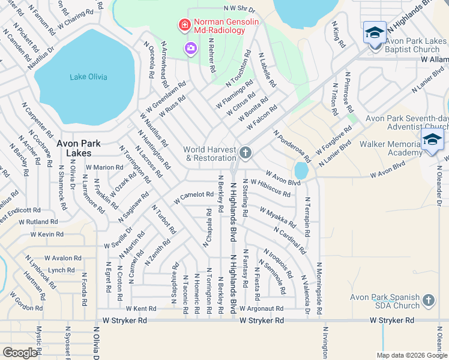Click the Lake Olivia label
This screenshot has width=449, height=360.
coord(88,77)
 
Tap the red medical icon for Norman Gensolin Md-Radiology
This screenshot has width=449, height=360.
coord(184,25)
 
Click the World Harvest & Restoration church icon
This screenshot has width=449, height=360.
coord(245,153)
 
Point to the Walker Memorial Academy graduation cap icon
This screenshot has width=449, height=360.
coord(432,140)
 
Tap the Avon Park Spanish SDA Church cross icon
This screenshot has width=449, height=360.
coord(428,300)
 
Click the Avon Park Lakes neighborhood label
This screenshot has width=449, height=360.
coord(78,148)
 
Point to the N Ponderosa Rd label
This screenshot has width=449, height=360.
coord(292,146)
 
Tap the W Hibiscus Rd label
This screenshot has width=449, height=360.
coord(271,188)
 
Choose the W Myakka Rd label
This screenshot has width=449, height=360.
coord(277,217)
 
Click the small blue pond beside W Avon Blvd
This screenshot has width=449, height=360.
coord(301,171)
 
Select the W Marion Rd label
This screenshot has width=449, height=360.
coord(104,167)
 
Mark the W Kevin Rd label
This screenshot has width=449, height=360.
coord(50,235)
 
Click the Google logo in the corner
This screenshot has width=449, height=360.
coord(20,352)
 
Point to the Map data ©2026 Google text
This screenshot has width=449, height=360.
coord(411,355)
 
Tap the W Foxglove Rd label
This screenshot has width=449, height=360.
coord(334,139)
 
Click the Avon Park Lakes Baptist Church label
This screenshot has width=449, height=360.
coord(412,46)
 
